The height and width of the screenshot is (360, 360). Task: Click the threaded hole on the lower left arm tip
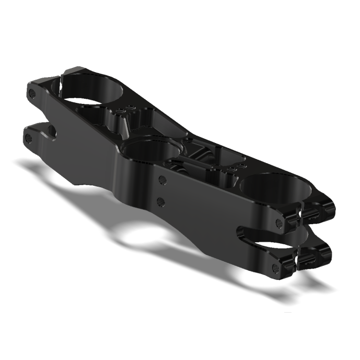click(x=29, y=138)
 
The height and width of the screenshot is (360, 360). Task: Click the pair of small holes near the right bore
click(x=235, y=168)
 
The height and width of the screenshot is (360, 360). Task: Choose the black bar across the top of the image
click(x=180, y=24)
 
